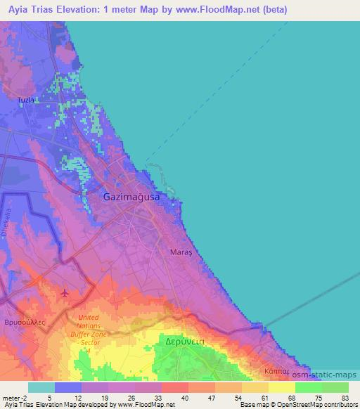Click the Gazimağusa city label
click(131, 198)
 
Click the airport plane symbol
click(65, 292)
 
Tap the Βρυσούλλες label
click(25, 320)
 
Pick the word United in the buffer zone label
click(94, 318)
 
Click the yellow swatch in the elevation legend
click(281, 387)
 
